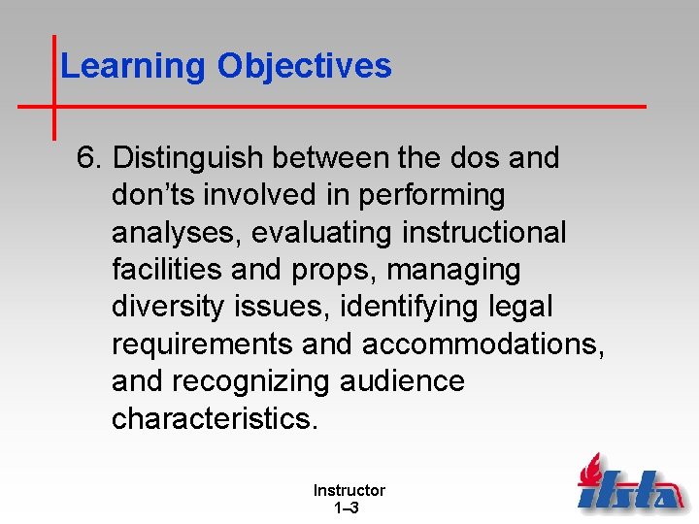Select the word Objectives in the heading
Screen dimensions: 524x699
point(304,66)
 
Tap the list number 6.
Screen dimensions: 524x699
point(90,158)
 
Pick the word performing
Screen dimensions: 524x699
point(432,195)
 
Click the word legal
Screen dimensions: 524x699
point(516,307)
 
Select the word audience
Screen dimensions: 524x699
point(402,381)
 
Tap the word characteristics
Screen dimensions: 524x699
point(214,418)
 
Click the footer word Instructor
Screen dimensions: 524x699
point(349,491)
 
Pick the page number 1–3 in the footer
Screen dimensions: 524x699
point(347,508)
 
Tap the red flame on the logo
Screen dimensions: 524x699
point(588,471)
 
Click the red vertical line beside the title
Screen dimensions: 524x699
point(53,87)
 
